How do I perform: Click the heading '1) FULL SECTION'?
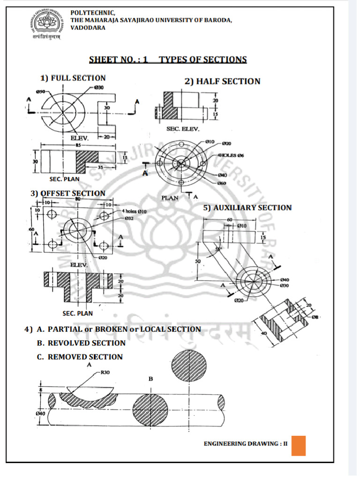pos(73,78)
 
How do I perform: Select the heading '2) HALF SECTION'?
pos(222,81)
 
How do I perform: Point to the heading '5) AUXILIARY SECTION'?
pos(247,208)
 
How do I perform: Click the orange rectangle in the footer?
pos(298,445)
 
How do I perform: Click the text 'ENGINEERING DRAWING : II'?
pos(245,444)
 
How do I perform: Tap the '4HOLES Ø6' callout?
pos(230,155)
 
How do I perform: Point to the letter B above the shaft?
pos(151,379)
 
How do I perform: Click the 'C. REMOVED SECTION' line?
pos(80,357)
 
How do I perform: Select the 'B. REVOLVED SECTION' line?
pos(81,343)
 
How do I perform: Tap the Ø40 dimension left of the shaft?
pos(40,413)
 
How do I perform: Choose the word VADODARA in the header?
pos(88,28)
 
